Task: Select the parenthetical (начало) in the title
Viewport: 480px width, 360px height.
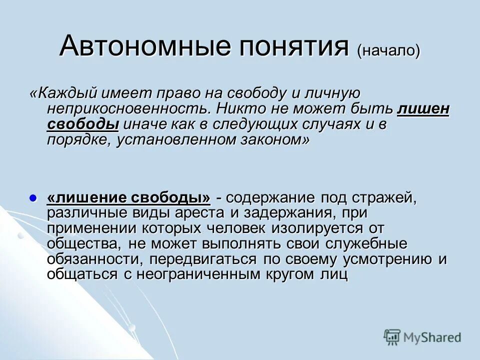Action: pos(388,50)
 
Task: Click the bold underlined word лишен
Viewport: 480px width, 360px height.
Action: pos(423,109)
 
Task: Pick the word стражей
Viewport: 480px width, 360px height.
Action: pos(385,197)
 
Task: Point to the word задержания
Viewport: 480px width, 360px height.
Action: pos(293,213)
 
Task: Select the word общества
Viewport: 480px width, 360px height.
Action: pos(83,244)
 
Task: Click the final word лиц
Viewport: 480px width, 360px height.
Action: pos(336,275)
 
